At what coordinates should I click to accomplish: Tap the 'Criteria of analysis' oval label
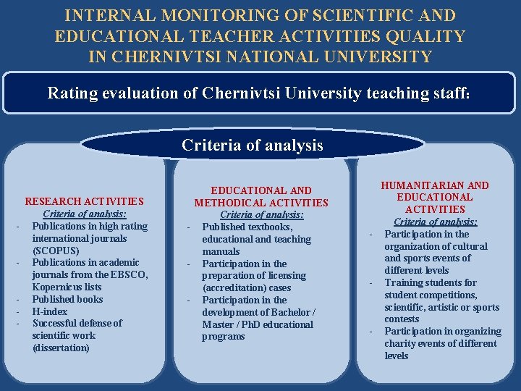click(x=253, y=145)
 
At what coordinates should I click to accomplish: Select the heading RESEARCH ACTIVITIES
click(x=85, y=201)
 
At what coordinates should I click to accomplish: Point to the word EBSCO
click(x=130, y=274)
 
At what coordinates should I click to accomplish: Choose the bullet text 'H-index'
click(x=50, y=311)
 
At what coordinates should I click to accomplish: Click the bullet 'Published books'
click(x=68, y=299)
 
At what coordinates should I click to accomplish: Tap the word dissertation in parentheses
click(x=61, y=348)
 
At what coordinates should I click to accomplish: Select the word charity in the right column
click(x=401, y=343)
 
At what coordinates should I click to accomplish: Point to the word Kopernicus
click(x=61, y=287)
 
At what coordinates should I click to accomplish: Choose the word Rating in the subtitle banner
click(x=70, y=93)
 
